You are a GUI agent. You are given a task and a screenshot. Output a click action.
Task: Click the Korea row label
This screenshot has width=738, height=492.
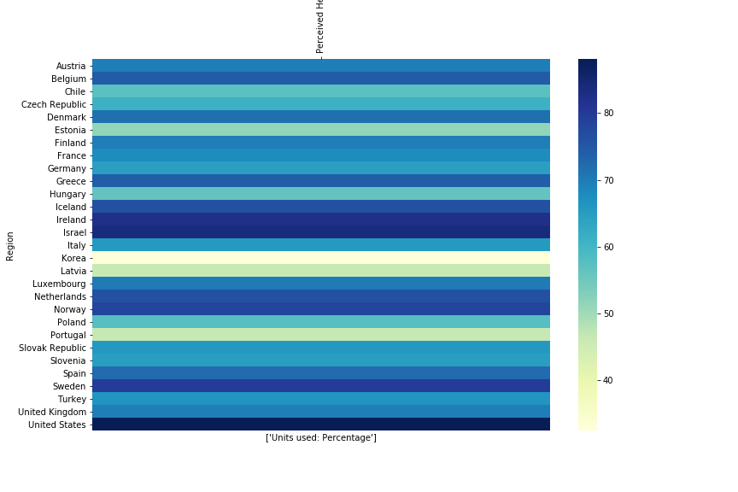(73, 258)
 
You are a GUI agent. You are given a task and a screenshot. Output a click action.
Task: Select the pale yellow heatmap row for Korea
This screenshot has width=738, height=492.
(320, 258)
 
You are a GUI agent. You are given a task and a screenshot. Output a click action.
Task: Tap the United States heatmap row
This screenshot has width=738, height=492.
(320, 425)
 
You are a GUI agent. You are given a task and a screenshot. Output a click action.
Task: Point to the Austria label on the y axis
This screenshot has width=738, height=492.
(71, 66)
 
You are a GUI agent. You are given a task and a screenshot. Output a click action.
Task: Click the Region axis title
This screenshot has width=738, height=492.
(10, 245)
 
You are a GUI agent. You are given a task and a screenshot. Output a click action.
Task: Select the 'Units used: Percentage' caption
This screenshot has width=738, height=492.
(320, 438)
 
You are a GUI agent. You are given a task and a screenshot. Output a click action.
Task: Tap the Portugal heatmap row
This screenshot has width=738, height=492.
(320, 335)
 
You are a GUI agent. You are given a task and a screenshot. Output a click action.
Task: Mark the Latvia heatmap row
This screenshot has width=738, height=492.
(320, 271)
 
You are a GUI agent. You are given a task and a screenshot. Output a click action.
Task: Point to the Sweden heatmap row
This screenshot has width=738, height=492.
(320, 386)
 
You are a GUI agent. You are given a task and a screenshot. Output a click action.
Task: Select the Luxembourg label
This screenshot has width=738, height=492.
(59, 284)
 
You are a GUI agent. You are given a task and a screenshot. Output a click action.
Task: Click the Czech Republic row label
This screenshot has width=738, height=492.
(54, 104)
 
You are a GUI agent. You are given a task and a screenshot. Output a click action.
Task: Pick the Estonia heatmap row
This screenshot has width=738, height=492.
(320, 130)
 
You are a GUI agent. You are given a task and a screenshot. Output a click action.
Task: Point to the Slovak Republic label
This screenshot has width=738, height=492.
(52, 348)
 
